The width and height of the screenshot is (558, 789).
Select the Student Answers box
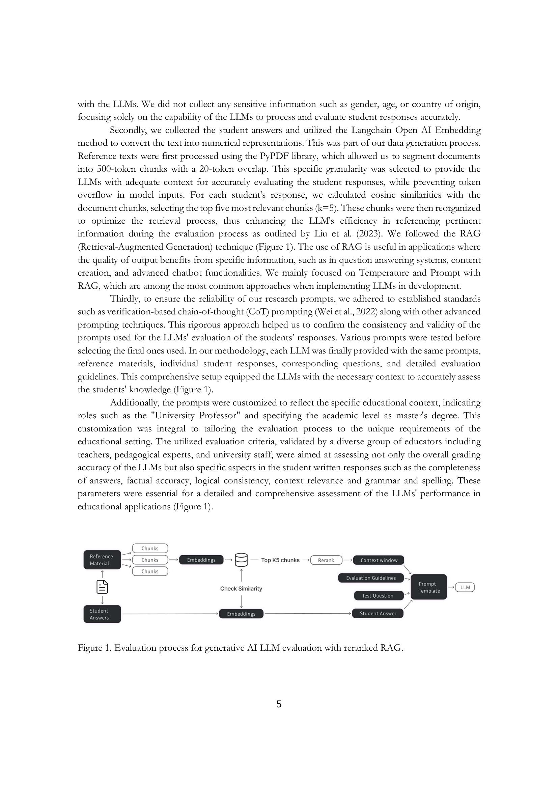point(102,614)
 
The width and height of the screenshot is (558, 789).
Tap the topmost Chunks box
point(150,548)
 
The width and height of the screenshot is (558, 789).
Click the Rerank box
point(326,560)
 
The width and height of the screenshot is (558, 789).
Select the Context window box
point(379,560)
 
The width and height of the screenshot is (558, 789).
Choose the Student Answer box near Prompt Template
point(378,613)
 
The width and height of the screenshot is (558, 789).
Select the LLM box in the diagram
point(465,587)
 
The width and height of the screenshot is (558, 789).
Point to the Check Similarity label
point(241,589)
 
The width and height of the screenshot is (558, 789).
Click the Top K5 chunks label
point(280,560)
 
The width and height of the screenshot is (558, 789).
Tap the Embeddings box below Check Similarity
point(241,614)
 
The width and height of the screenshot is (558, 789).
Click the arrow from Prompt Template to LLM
point(451,587)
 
